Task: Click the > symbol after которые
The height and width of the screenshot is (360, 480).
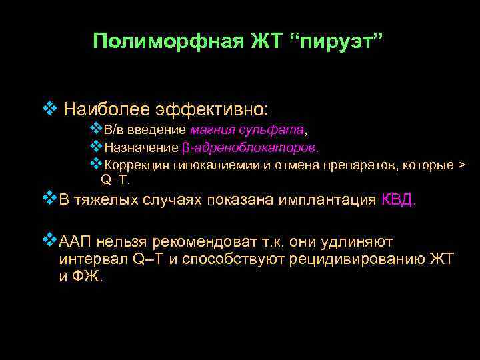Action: tap(463, 165)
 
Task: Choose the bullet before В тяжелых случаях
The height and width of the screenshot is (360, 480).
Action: tap(47, 199)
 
